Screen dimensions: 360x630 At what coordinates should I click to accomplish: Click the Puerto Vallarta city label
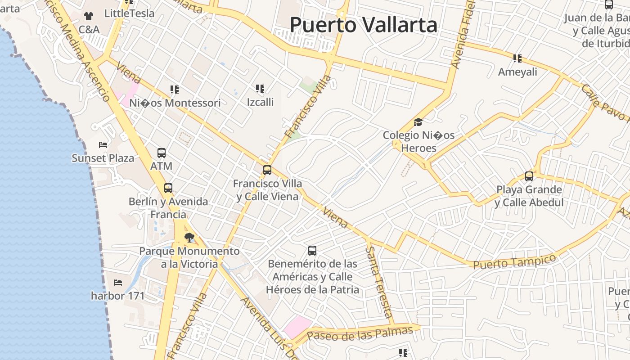(x=363, y=25)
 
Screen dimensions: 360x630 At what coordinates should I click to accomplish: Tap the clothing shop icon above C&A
(x=88, y=16)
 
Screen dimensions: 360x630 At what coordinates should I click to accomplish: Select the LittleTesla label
(x=129, y=13)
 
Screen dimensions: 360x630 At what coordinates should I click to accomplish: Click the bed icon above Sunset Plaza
(x=103, y=145)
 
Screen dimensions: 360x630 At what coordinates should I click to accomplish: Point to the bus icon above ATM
(x=162, y=153)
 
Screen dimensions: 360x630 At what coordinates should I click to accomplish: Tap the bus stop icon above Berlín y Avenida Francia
(x=168, y=188)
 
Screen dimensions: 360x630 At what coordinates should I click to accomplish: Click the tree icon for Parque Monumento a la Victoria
(x=189, y=237)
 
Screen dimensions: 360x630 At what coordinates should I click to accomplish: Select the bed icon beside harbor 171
(x=118, y=283)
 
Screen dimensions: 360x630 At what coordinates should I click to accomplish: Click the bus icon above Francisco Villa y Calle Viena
(x=267, y=170)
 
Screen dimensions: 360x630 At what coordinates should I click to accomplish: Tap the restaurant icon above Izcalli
(x=260, y=89)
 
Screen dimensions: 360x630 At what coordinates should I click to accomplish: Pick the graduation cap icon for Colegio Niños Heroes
(x=418, y=122)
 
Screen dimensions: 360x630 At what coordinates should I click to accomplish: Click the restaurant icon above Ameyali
(x=517, y=58)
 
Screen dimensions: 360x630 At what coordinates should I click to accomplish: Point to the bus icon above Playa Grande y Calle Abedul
(x=529, y=176)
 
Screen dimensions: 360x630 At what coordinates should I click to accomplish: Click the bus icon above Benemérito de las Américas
(x=312, y=251)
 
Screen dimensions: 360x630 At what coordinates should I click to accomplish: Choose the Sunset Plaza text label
(x=103, y=158)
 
